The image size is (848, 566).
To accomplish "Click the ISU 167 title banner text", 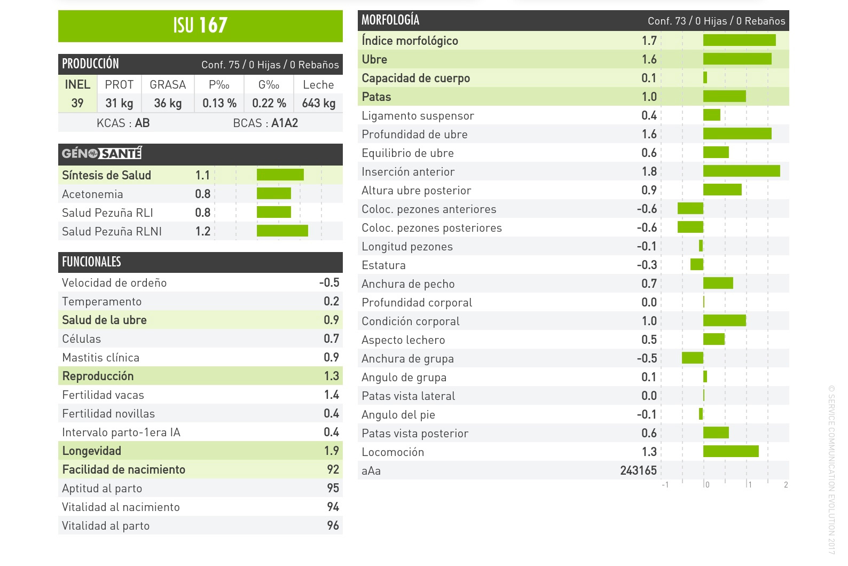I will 200,25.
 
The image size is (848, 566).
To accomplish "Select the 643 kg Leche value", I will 318,103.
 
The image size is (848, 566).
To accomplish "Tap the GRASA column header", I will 168,84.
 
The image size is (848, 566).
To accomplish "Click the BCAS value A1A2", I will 285,123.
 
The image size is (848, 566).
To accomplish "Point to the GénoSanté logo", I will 101,154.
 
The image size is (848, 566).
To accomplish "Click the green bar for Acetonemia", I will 274,193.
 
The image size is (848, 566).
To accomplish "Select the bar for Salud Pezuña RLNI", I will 282,231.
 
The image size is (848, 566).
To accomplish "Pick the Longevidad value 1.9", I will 332,451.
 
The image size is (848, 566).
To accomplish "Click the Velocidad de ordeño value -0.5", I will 329,282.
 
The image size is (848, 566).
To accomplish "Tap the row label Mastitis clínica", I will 100,357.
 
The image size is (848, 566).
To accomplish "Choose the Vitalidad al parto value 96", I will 333,525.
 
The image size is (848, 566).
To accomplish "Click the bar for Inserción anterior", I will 741,171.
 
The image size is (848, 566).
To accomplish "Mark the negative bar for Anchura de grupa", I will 693,358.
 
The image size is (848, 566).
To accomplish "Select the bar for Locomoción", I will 731,451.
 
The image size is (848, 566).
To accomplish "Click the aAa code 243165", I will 638,470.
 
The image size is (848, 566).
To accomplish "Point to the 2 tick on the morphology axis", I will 786,485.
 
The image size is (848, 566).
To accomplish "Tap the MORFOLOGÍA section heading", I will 390,20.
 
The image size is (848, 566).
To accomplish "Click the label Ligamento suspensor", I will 418,115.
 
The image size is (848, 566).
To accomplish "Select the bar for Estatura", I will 697,264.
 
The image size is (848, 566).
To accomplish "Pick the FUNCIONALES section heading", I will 91,262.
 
